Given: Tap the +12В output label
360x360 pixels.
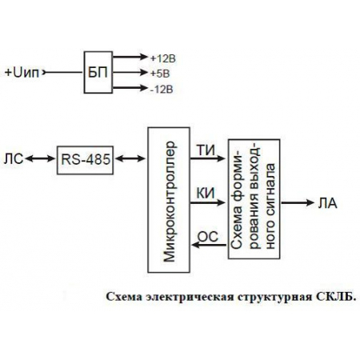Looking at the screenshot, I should coord(162,57).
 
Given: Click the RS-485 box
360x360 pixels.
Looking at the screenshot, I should coord(82,160).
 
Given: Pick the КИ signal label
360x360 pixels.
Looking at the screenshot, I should coord(204,191).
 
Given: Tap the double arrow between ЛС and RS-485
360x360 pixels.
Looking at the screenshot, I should coord(40,160).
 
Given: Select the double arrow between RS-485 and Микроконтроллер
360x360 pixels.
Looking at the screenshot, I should coord(128,160).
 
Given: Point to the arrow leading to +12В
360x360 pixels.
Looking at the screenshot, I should coord(128,57).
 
